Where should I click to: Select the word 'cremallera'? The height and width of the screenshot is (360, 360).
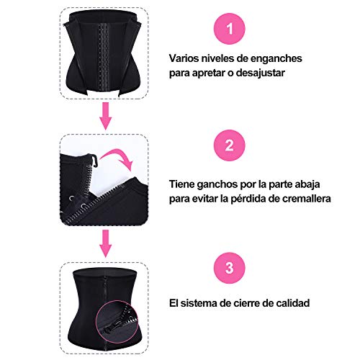tap(305, 199)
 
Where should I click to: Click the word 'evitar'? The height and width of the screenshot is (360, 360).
tap(205, 199)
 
